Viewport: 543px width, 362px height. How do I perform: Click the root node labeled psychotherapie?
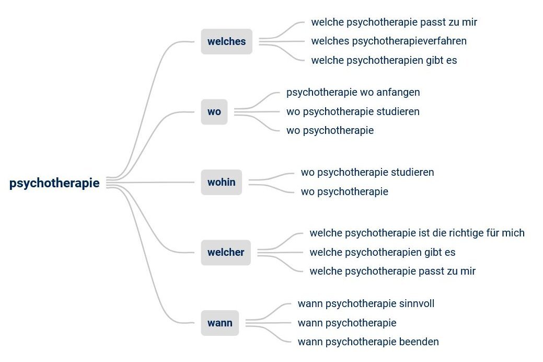pyautogui.click(x=54, y=183)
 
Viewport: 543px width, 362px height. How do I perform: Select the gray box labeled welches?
pyautogui.click(x=226, y=42)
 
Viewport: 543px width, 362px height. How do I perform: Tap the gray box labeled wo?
pyautogui.click(x=214, y=112)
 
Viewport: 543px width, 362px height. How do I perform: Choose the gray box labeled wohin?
pyautogui.click(x=221, y=183)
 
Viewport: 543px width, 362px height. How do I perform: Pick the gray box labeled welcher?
pyautogui.click(x=225, y=253)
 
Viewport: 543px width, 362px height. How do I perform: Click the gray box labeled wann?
pyautogui.click(x=219, y=323)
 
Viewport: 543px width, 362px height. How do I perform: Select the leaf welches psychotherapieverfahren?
pyautogui.click(x=388, y=41)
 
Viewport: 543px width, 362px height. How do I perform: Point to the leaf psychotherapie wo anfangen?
pyautogui.click(x=353, y=93)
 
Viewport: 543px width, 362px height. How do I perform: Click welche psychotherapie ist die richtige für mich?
pyautogui.click(x=417, y=233)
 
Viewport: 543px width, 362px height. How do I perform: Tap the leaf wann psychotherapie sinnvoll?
pyautogui.click(x=366, y=303)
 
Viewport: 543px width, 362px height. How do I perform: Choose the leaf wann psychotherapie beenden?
pyautogui.click(x=368, y=342)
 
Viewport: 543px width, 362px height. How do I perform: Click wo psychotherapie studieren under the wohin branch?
pyautogui.click(x=367, y=172)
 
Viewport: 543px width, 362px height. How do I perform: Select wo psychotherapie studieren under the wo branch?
pyautogui.click(x=353, y=111)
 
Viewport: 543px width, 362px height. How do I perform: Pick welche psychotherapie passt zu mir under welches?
pyautogui.click(x=394, y=22)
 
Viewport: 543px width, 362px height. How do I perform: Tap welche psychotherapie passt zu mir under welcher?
pyautogui.click(x=392, y=271)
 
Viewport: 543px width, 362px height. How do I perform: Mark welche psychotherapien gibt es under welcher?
pyautogui.click(x=382, y=252)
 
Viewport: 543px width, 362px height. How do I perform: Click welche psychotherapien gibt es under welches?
pyautogui.click(x=384, y=60)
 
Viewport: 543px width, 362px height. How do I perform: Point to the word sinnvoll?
pyautogui.click(x=417, y=303)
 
